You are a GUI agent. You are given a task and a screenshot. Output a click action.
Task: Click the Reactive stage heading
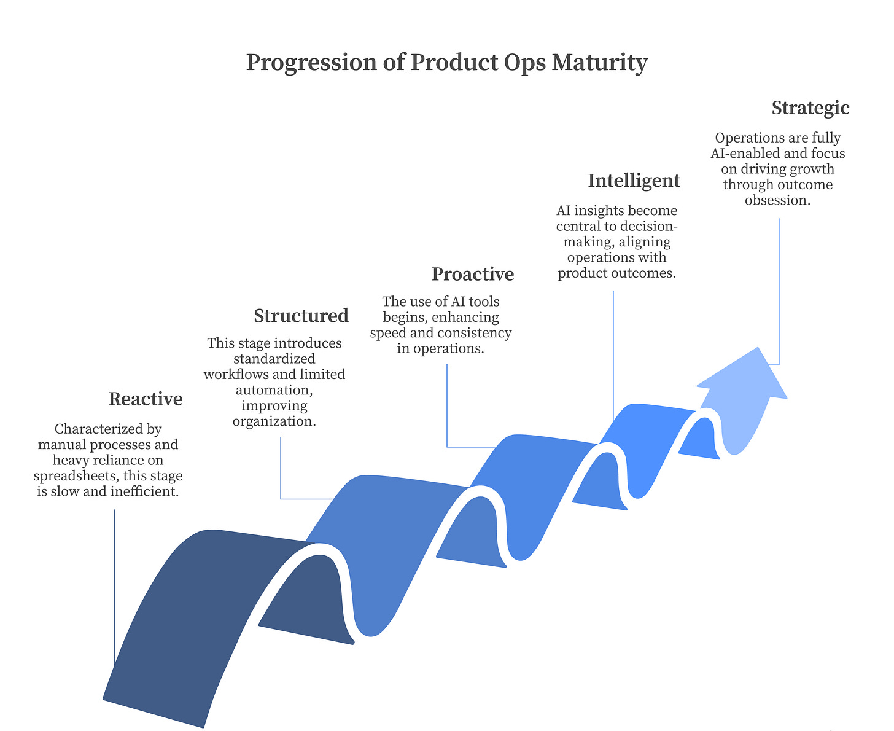(146, 399)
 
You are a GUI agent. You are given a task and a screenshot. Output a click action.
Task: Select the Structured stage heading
(301, 316)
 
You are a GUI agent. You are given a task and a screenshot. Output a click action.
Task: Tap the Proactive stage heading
(473, 274)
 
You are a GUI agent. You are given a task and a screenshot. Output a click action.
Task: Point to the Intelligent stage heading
(634, 181)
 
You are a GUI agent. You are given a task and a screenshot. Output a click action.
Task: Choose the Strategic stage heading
(810, 108)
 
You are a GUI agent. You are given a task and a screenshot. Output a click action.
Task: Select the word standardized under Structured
(274, 358)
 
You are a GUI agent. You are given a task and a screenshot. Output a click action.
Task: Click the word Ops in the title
(524, 63)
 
